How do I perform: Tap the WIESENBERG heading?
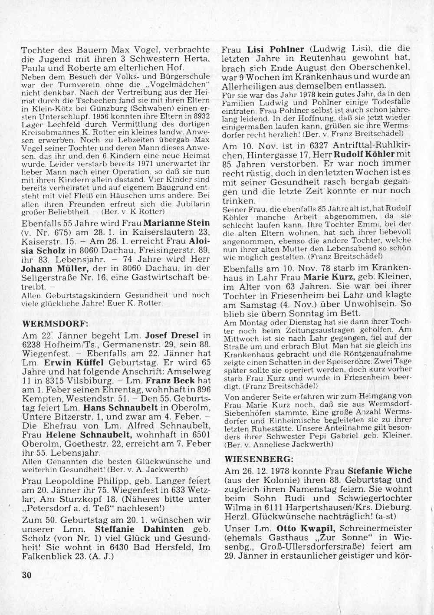(x=259, y=459)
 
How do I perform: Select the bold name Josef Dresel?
(x=172, y=335)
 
